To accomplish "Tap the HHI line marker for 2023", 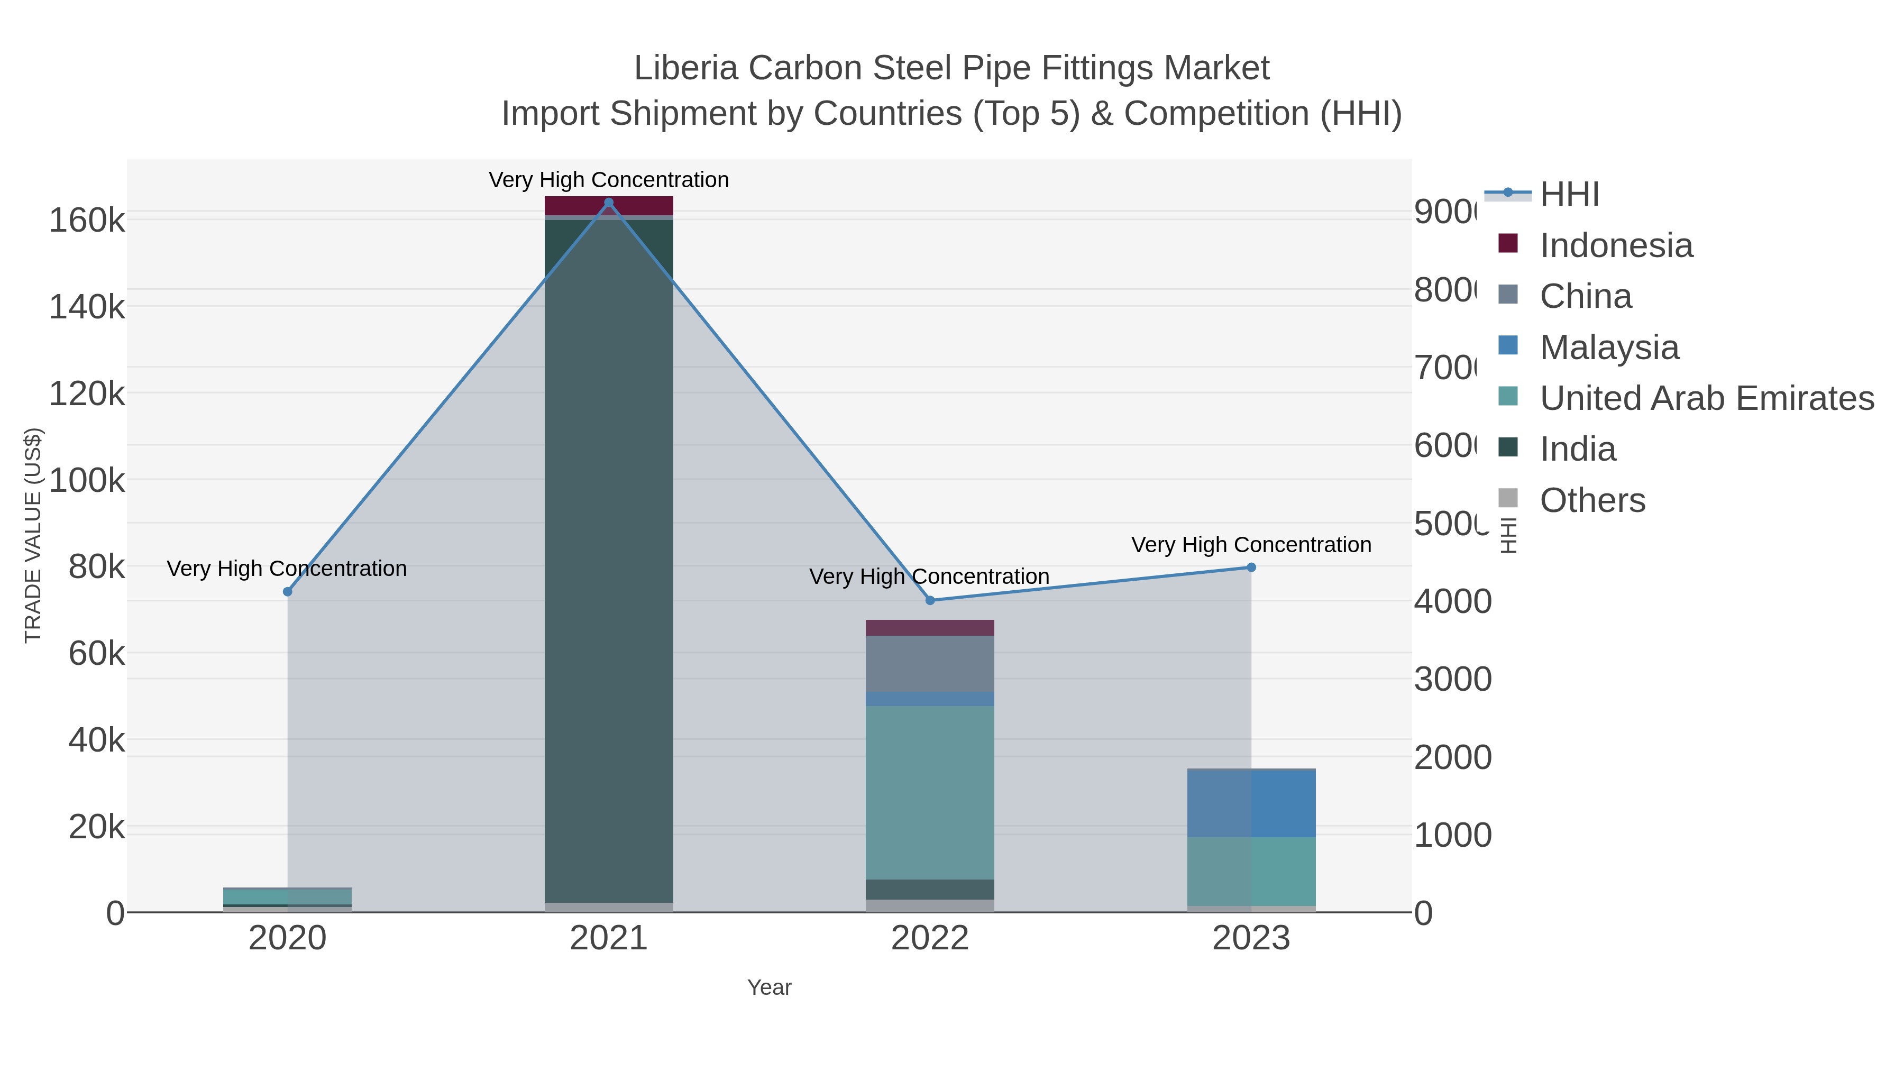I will [x=1251, y=567].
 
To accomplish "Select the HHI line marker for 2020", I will [x=288, y=591].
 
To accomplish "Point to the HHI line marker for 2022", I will [x=930, y=600].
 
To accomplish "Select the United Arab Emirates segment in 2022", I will [x=930, y=792].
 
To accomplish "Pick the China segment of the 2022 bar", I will [x=930, y=663].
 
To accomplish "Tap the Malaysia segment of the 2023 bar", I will [x=1251, y=803].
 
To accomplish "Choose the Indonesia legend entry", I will [x=1616, y=245].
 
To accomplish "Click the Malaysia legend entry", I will [x=1608, y=347].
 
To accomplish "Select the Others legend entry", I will [x=1592, y=500].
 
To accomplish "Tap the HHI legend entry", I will [x=1569, y=195].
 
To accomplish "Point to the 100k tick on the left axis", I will [x=87, y=480].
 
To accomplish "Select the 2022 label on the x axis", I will [x=930, y=939].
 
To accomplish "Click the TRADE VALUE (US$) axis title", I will [x=33, y=535].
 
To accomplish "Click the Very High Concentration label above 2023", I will [x=1251, y=545].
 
